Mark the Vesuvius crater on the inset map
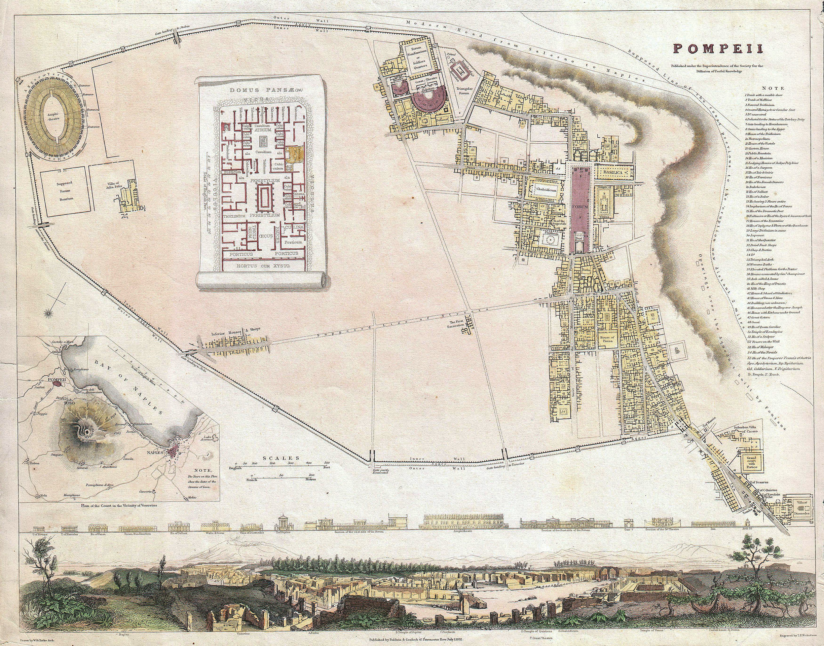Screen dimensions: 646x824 point(87,430)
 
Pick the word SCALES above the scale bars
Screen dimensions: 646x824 point(281,458)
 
